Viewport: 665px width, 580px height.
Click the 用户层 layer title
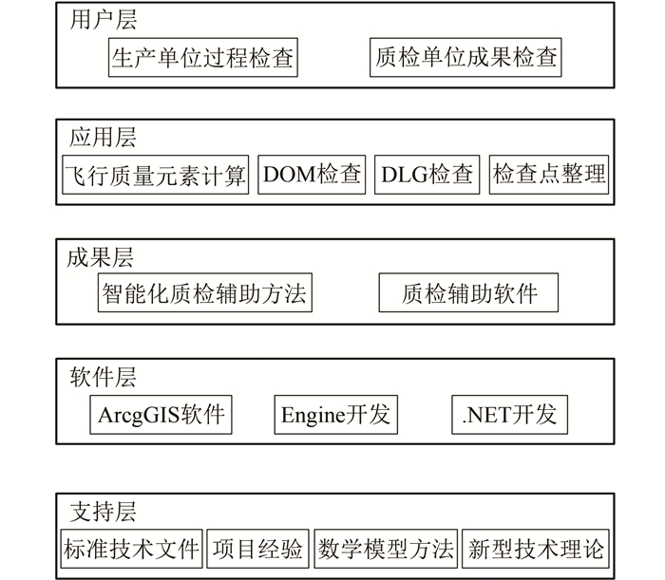pyautogui.click(x=104, y=21)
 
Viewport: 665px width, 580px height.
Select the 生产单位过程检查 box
pyautogui.click(x=201, y=59)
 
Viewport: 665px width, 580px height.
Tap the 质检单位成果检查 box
pyautogui.click(x=465, y=59)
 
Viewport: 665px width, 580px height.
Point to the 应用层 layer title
pyautogui.click(x=104, y=138)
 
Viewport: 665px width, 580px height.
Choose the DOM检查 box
pyautogui.click(x=312, y=176)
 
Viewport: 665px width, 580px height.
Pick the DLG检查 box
pyautogui.click(x=427, y=176)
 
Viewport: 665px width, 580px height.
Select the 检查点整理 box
pyautogui.click(x=548, y=176)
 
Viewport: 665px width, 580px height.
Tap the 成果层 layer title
pyautogui.click(x=102, y=256)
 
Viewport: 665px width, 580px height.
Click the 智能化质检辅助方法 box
pyautogui.click(x=204, y=293)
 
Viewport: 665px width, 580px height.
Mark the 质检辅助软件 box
pyautogui.click(x=468, y=293)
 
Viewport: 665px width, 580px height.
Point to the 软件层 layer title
pyautogui.click(x=104, y=377)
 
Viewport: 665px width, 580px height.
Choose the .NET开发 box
pyautogui.click(x=509, y=415)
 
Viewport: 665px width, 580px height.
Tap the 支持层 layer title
pyautogui.click(x=104, y=512)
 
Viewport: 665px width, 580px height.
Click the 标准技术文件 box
pyautogui.click(x=130, y=549)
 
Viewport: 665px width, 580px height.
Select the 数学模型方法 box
pyautogui.click(x=386, y=549)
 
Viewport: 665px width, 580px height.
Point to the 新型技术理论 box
pyautogui.click(x=535, y=549)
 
